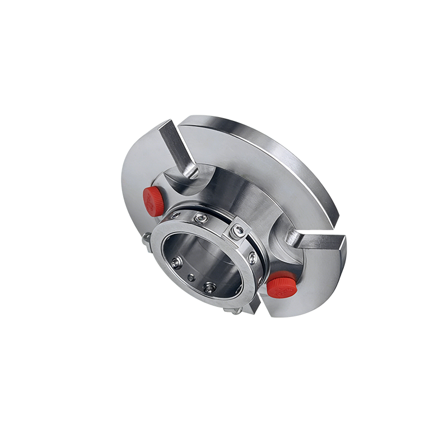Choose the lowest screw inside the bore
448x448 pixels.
(x=209, y=287)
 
